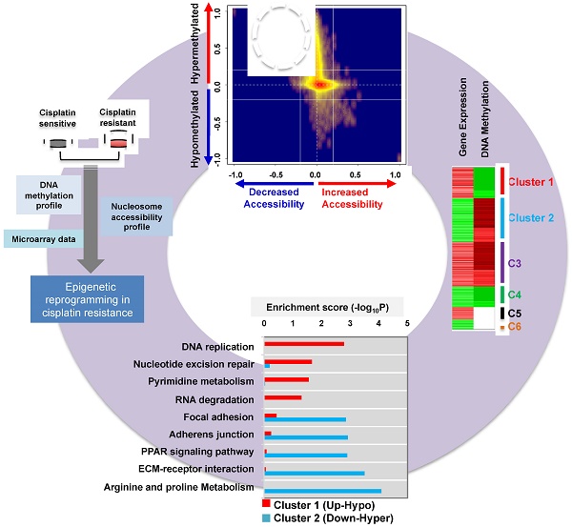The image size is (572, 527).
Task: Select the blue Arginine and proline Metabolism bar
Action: click(x=322, y=491)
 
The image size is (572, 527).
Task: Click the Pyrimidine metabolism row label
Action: click(x=208, y=380)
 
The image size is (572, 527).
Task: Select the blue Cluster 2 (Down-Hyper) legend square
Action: click(x=267, y=517)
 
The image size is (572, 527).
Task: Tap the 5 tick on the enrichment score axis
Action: click(x=407, y=324)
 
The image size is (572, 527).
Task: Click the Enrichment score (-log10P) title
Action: click(x=326, y=307)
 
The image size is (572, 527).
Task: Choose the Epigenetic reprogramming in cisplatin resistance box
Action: click(x=86, y=297)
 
